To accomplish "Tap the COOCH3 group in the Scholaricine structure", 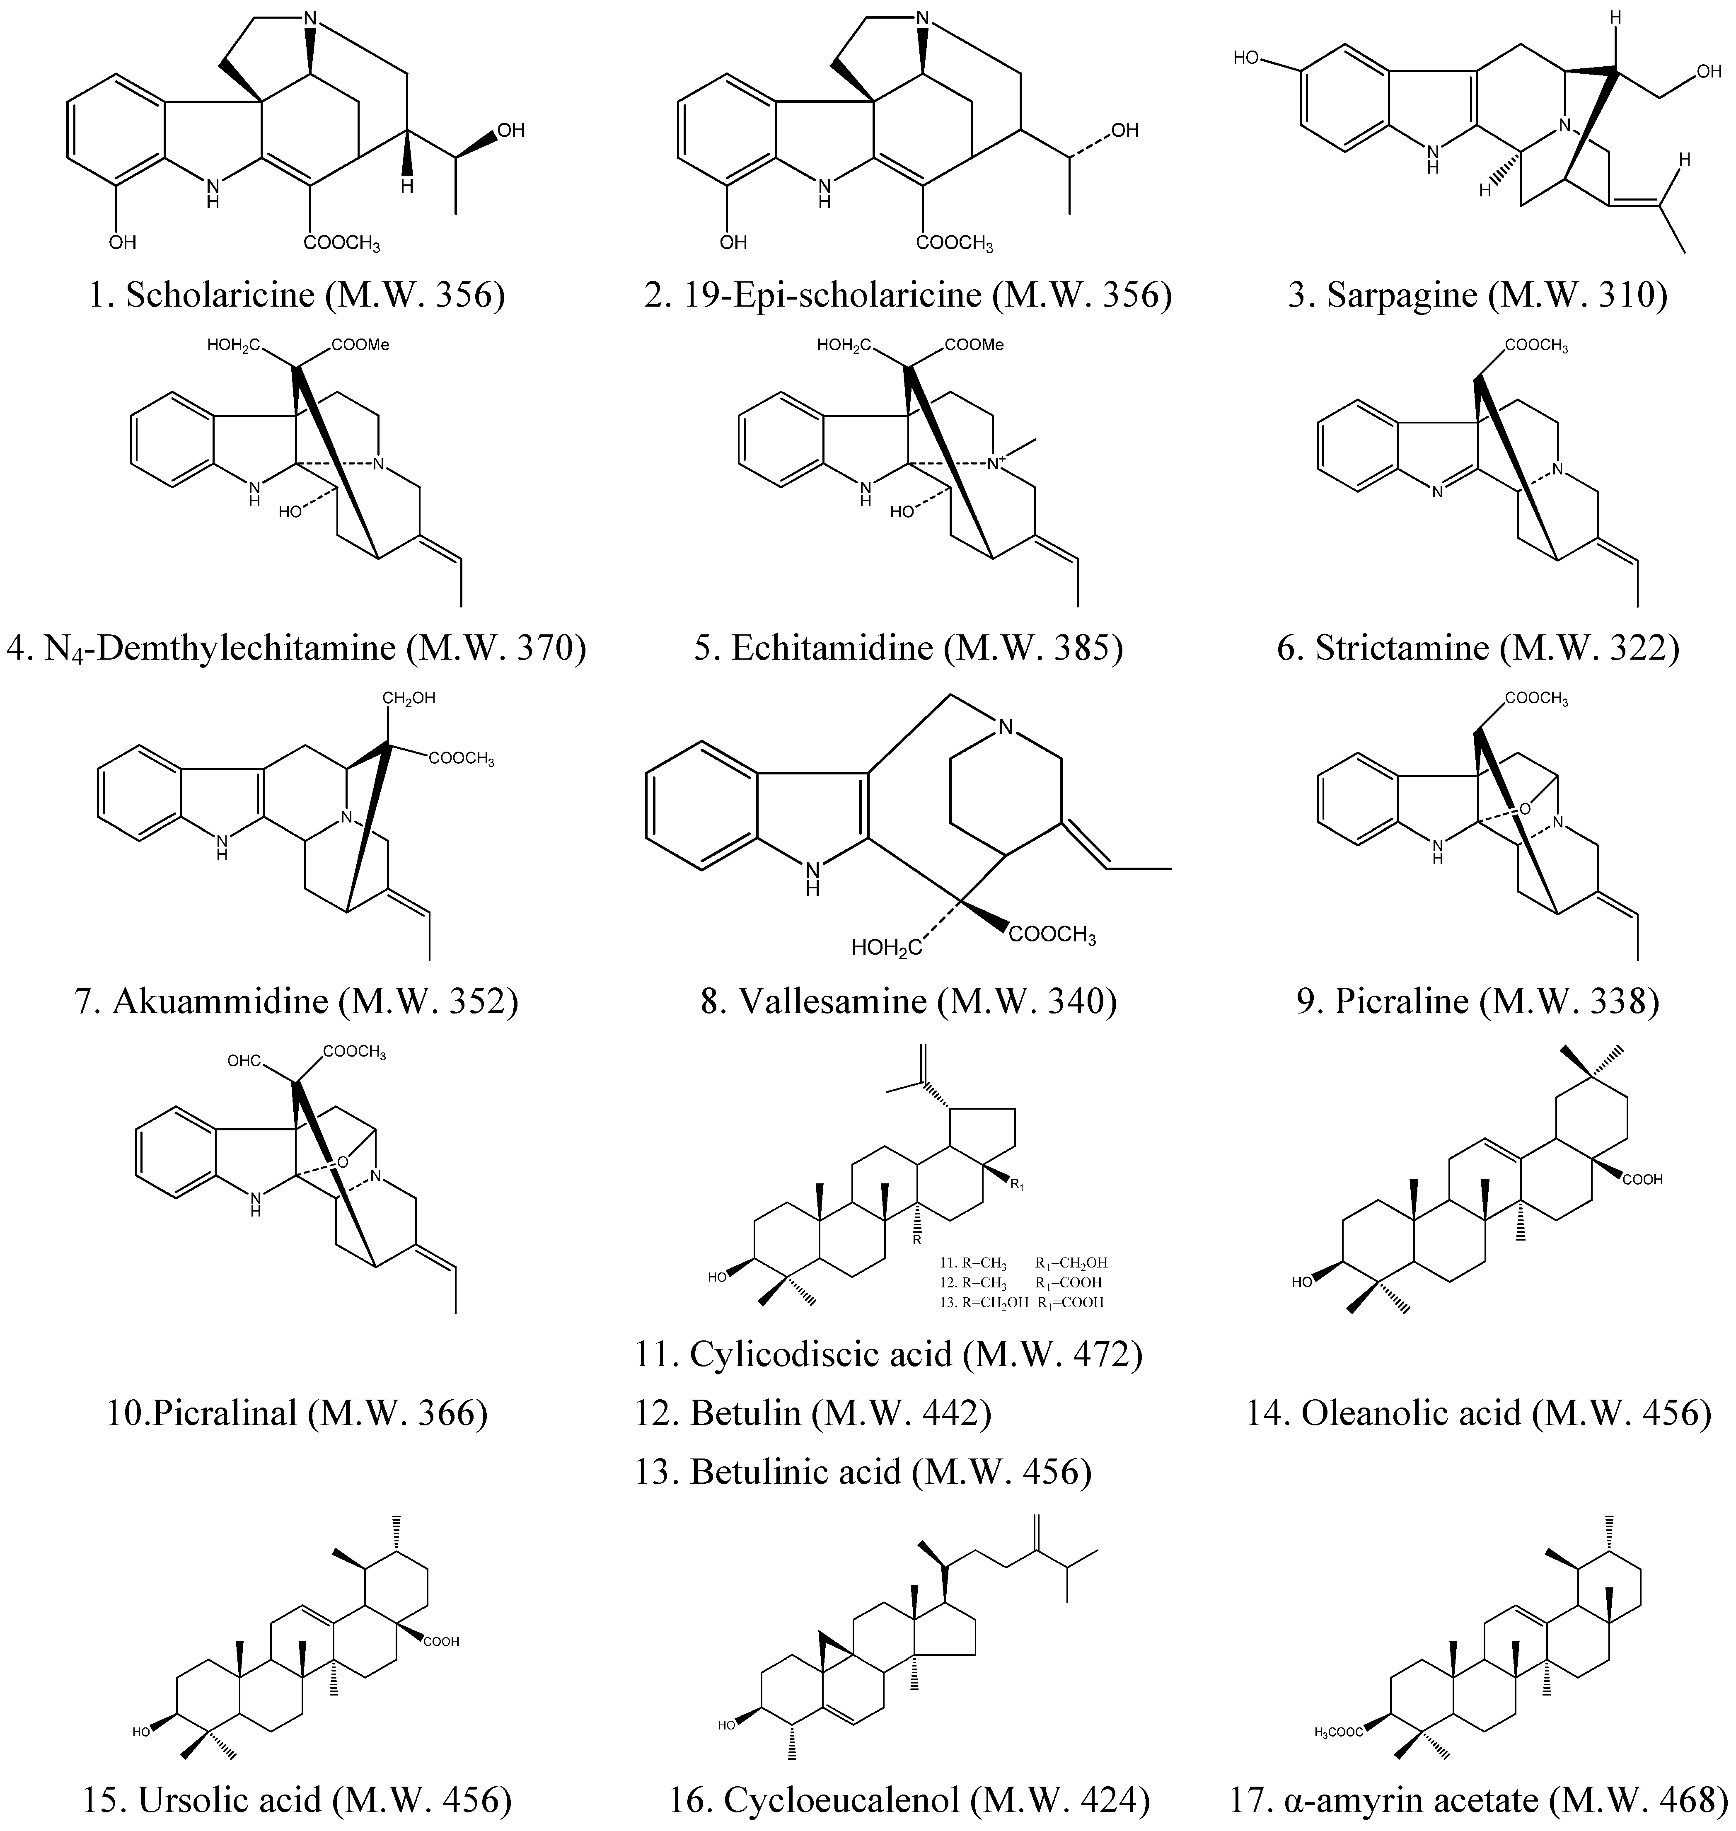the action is [341, 243].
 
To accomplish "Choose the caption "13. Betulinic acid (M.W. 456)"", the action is [863, 1471].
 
